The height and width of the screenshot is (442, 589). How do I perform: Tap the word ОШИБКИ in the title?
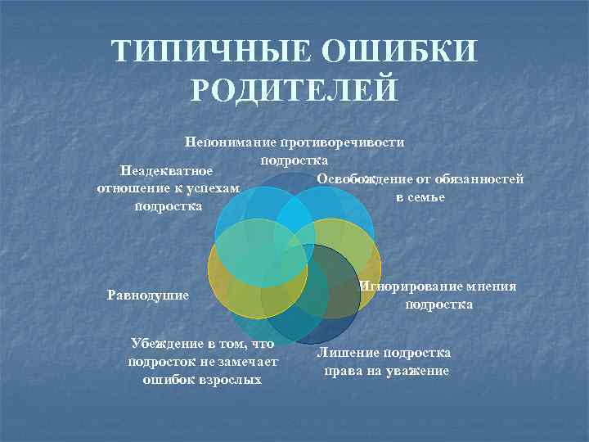tap(400, 52)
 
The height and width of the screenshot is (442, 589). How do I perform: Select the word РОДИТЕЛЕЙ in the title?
tap(294, 89)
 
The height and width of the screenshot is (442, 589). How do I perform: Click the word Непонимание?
tap(230, 142)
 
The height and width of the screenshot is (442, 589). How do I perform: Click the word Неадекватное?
tap(166, 171)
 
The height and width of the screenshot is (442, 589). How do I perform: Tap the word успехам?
tap(216, 189)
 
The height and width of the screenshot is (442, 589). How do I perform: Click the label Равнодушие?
tap(148, 294)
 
